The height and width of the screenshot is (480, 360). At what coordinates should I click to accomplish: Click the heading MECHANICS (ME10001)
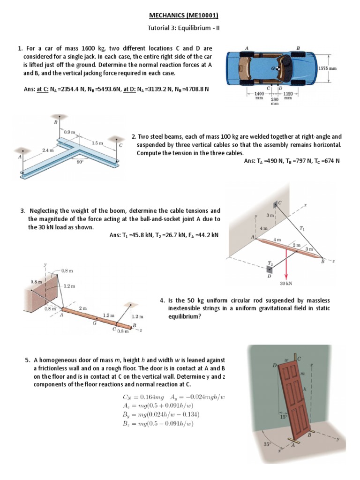[x=180, y=15]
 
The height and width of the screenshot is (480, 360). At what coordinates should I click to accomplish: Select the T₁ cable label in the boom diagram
[x=302, y=228]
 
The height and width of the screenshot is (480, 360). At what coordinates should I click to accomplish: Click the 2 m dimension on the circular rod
[x=82, y=308]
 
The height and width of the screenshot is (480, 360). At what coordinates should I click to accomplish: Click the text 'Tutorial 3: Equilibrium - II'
[x=180, y=28]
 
